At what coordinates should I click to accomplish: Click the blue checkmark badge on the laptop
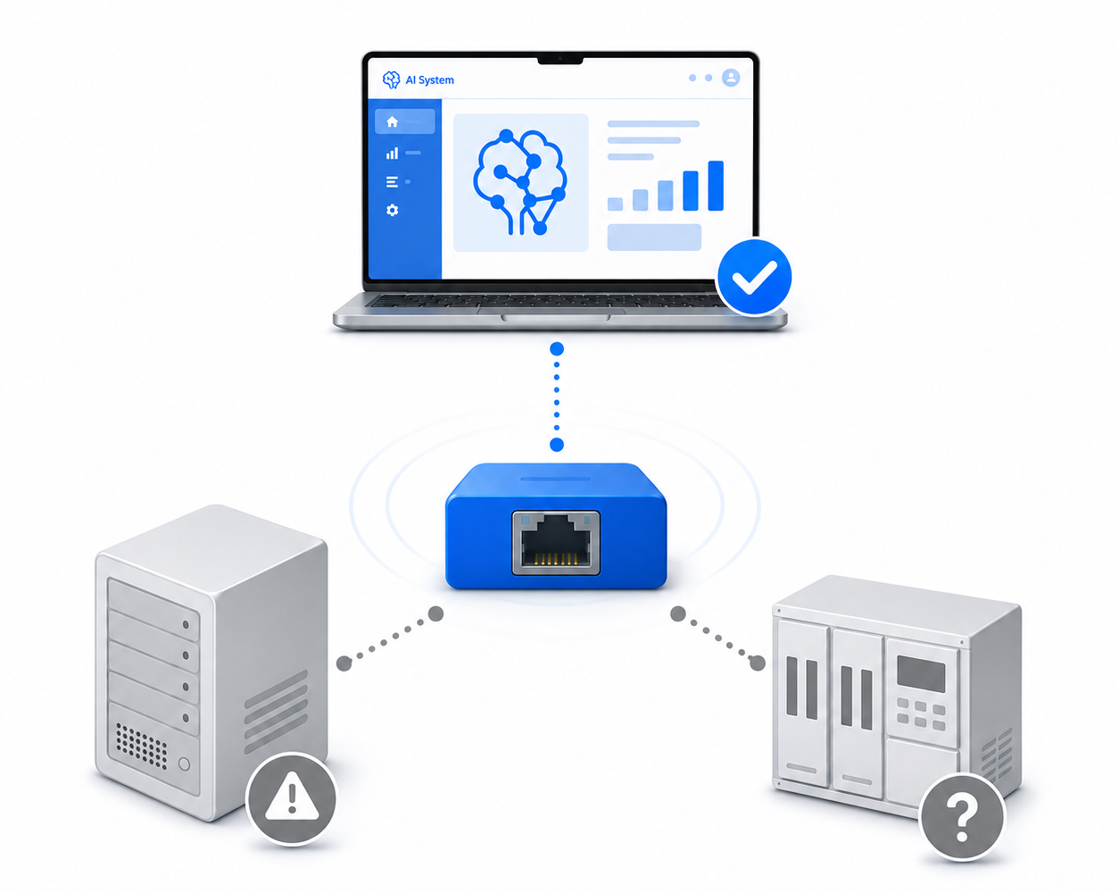point(753,276)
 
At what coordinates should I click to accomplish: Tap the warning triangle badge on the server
point(291,798)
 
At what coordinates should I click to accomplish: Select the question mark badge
point(962,817)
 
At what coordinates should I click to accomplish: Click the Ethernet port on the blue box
point(556,543)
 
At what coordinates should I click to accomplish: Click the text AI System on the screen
point(429,80)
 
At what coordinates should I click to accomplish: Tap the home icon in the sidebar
point(392,121)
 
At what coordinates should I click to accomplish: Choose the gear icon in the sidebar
point(392,210)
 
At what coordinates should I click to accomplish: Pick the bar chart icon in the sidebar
point(392,153)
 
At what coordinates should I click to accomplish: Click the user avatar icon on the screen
point(731,78)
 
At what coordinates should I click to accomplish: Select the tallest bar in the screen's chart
point(716,186)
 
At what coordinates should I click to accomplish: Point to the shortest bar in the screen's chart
point(615,204)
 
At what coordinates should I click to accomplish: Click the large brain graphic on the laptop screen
point(519,181)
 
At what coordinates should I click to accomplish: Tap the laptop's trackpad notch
point(555,317)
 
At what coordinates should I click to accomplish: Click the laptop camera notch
point(560,59)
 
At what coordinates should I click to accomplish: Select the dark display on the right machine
point(921,674)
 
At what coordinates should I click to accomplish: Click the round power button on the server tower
point(184,764)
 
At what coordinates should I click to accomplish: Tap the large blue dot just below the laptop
point(557,348)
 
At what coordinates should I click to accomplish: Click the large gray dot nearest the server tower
point(344,663)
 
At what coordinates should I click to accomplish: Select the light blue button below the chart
point(654,238)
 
